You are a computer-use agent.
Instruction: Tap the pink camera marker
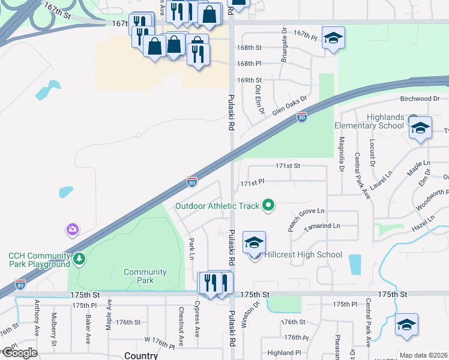tap(73, 229)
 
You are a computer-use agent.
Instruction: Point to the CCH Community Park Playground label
tap(39, 260)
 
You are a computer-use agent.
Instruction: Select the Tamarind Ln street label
tap(322, 226)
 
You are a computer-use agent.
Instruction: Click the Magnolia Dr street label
tap(341, 153)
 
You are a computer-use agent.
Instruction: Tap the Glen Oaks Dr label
tap(289, 105)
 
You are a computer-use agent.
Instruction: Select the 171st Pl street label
tap(252, 182)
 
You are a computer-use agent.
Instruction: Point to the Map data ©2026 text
tap(423, 355)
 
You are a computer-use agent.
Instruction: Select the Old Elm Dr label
tap(260, 99)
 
